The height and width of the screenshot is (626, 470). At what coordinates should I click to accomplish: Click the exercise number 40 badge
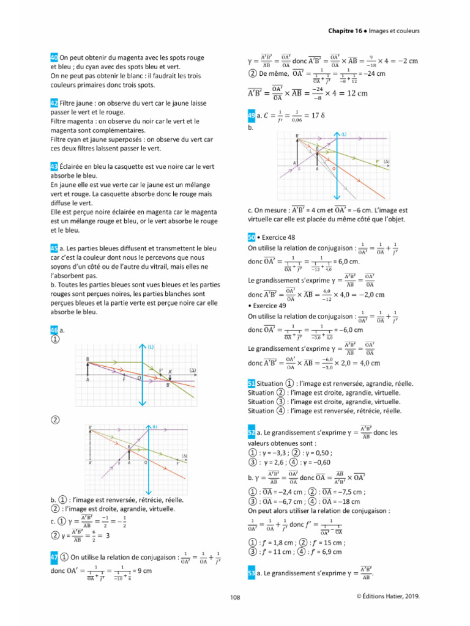[54, 57]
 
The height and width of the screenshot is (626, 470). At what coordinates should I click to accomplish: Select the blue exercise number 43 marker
[54, 166]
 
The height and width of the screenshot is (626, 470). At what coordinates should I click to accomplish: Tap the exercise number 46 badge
[54, 330]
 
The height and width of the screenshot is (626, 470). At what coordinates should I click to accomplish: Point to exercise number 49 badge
[251, 115]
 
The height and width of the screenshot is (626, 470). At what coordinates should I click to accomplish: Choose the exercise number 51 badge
[252, 383]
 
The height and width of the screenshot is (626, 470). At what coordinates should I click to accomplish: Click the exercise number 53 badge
[252, 574]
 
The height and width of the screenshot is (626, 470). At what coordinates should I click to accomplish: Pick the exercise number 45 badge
[54, 248]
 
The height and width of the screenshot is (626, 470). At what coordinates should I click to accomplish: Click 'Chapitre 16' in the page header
[345, 31]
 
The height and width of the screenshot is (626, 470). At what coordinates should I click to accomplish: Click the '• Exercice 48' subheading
[275, 238]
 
